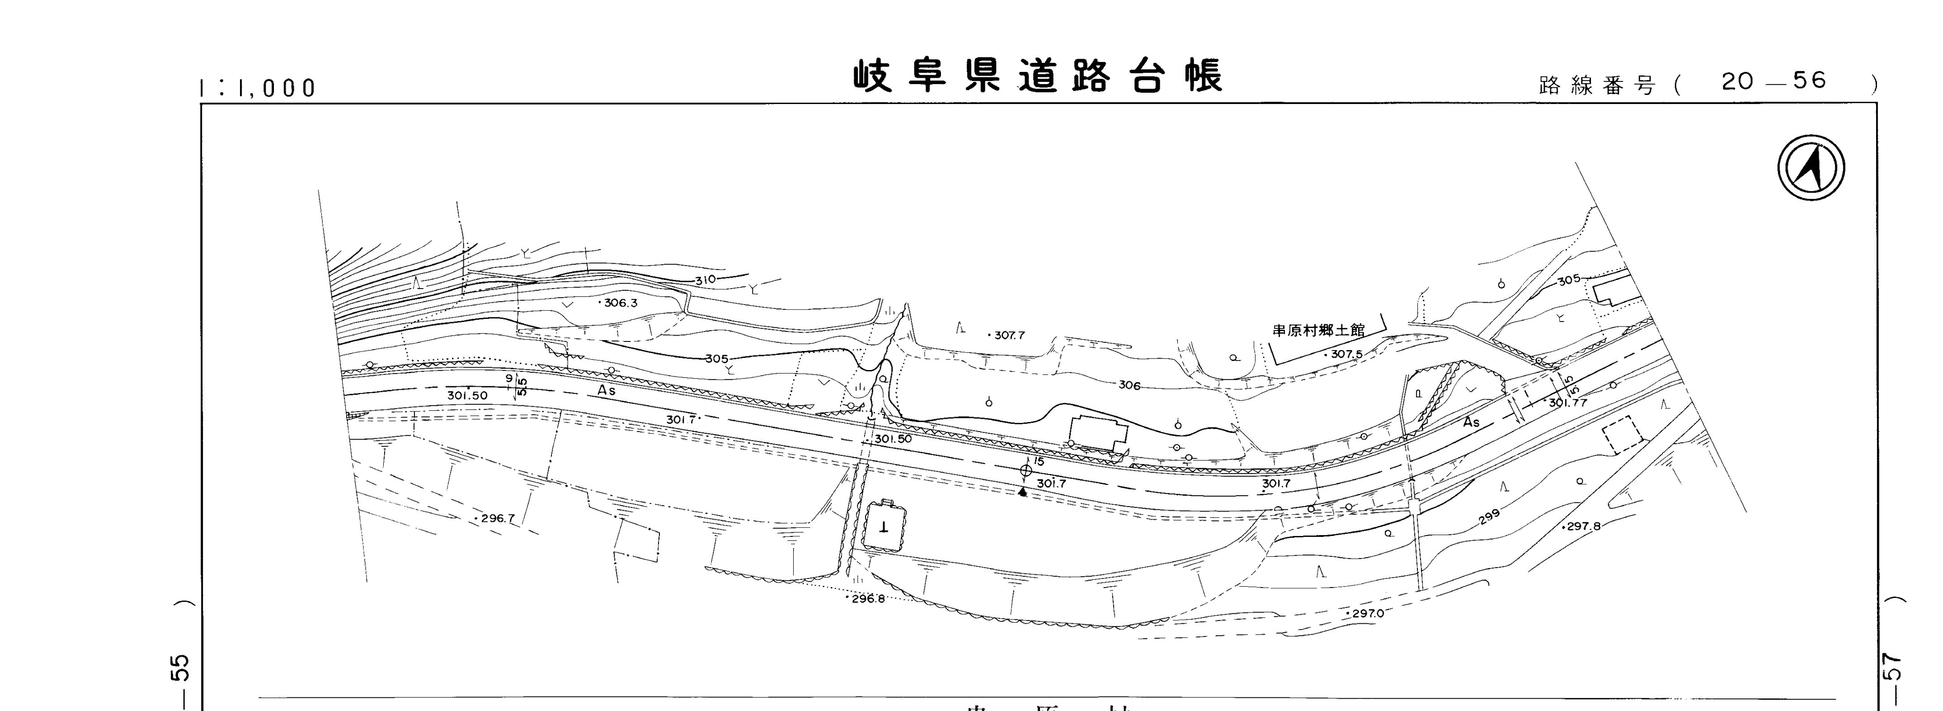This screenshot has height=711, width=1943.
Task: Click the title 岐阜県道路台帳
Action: click(1037, 76)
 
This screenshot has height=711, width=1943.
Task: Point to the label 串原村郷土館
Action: click(1318, 331)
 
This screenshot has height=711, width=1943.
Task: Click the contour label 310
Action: click(705, 279)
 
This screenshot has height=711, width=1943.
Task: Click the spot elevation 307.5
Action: click(1345, 354)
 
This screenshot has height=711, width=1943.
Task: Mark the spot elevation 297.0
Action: click(1367, 614)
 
